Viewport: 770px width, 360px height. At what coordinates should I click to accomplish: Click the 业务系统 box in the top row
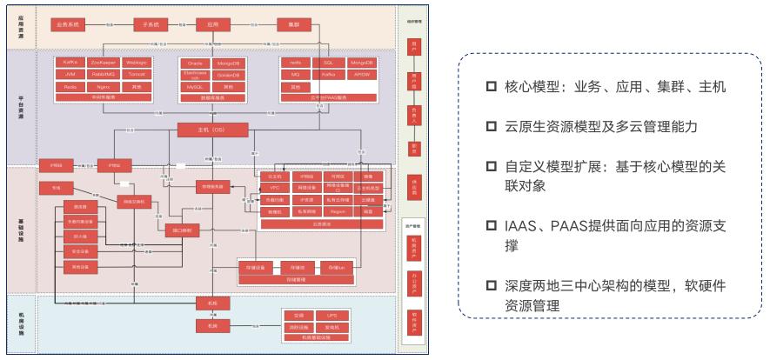(x=69, y=24)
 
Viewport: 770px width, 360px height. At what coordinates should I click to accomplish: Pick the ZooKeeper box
(x=103, y=63)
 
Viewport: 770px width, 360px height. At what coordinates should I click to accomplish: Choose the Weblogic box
(x=136, y=63)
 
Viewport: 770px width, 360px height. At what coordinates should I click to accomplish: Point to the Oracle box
(x=196, y=63)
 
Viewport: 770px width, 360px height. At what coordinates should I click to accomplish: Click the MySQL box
(x=196, y=87)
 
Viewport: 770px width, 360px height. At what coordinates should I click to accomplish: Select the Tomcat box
(x=136, y=76)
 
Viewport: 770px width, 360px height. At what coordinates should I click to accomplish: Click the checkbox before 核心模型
(x=492, y=89)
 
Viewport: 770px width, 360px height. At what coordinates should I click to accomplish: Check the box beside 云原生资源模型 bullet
(x=492, y=127)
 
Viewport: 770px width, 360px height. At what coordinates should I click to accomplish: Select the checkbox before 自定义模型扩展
(x=492, y=166)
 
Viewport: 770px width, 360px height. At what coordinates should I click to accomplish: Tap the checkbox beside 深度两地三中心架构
(x=492, y=287)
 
